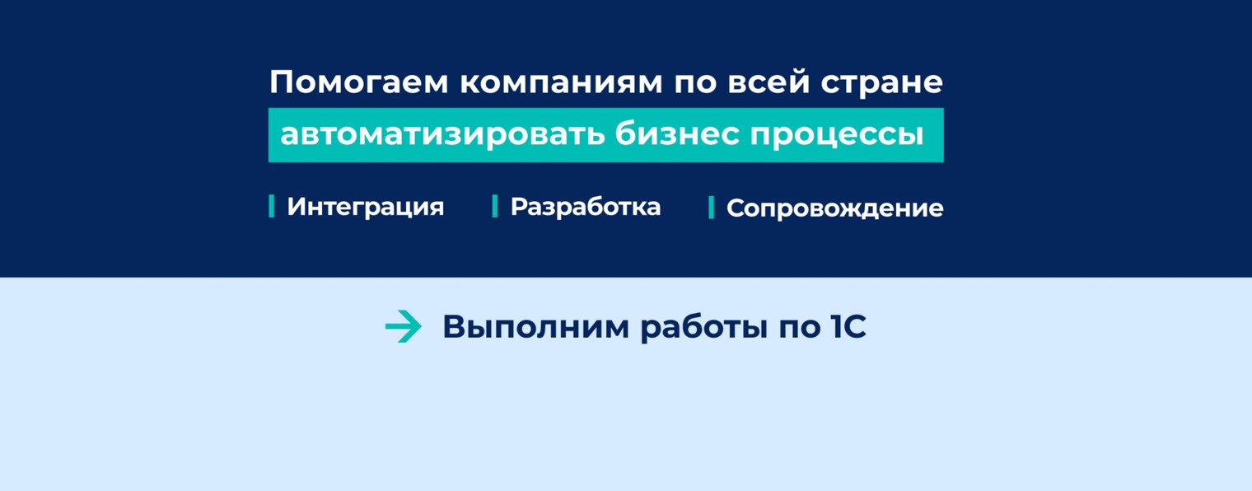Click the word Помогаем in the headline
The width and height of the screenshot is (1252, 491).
[x=358, y=83]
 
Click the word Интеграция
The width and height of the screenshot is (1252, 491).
[x=365, y=207]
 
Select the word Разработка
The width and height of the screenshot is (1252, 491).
[x=585, y=207]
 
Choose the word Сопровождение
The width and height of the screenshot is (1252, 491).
[x=834, y=208]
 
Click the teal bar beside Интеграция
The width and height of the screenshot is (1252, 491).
[x=272, y=206]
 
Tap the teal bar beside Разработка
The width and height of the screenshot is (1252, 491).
[x=495, y=206]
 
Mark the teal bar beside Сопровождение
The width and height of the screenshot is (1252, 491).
[x=711, y=208]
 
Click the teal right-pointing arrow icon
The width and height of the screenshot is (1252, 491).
[x=403, y=327]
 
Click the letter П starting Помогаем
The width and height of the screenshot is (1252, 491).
[x=281, y=82]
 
